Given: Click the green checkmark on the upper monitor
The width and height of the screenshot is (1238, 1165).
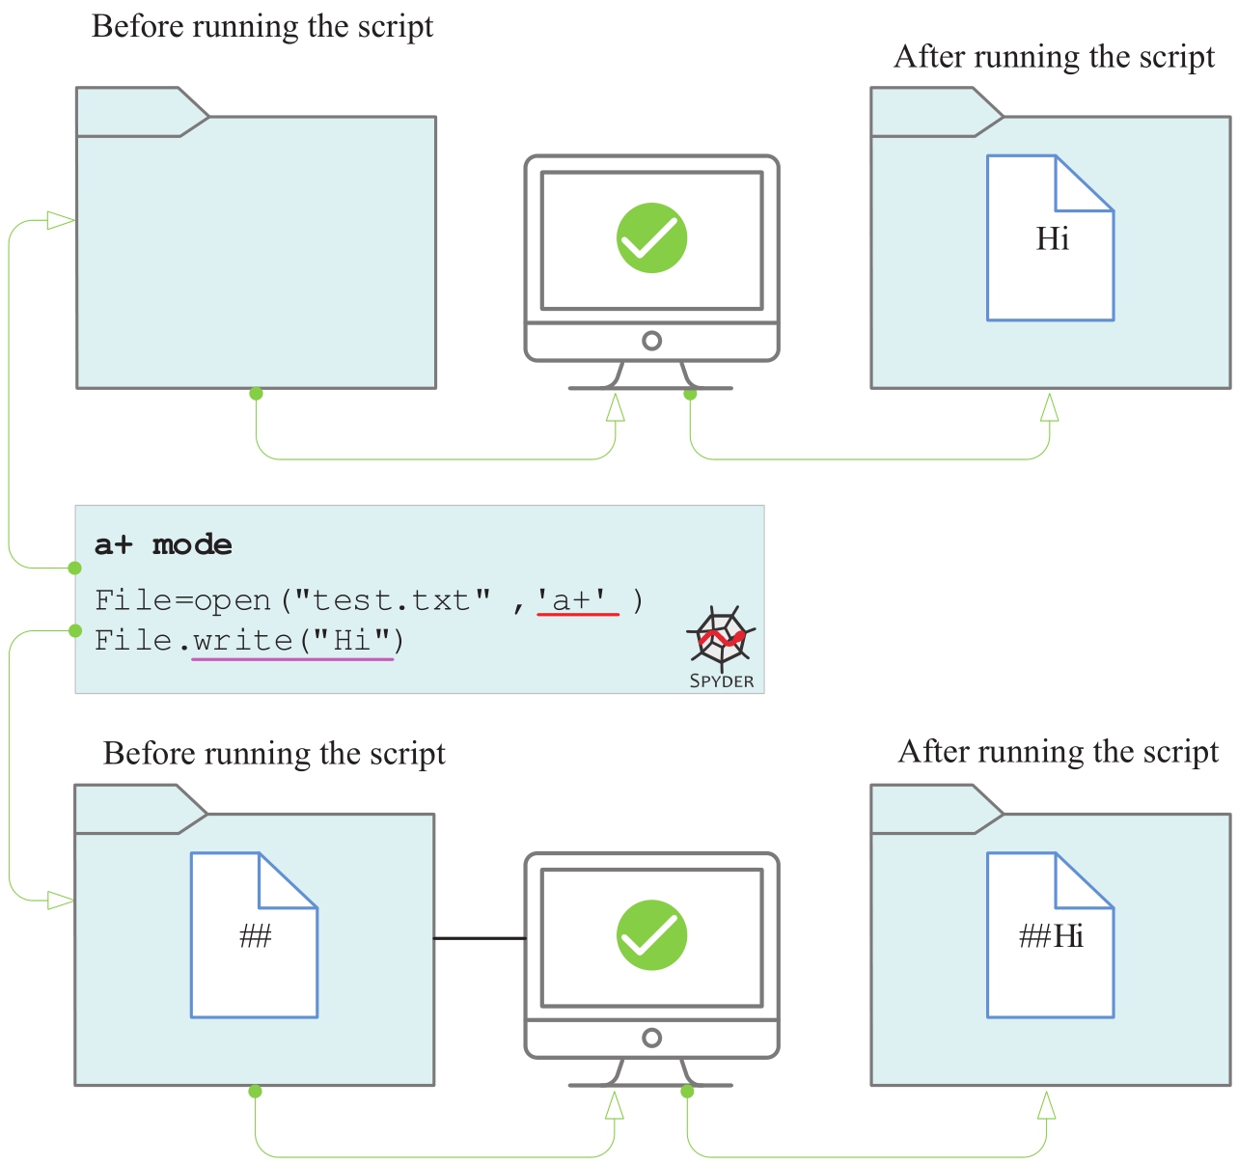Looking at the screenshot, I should point(651,237).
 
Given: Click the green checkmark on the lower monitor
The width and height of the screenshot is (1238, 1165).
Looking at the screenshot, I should point(651,934).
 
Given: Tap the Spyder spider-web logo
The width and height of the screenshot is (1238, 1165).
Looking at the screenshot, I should point(721,637).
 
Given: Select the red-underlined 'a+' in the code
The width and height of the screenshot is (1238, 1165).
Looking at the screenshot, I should point(576,600).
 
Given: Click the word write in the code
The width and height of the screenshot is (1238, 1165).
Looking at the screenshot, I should point(242,640).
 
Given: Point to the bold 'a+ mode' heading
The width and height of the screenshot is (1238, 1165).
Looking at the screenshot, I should point(163,545).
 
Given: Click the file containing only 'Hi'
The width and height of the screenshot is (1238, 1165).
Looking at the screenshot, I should point(1050,238).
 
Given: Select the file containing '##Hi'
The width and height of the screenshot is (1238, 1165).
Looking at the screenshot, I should point(1050,935).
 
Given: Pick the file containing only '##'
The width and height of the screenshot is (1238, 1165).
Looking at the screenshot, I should point(254,935).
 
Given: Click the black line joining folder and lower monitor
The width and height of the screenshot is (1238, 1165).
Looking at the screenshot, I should point(480,938).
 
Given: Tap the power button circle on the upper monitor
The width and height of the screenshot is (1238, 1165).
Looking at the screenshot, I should point(651,341).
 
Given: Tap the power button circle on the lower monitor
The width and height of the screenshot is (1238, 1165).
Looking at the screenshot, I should point(651,1038).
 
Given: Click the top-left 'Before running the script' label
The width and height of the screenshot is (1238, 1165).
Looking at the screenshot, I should point(262,26).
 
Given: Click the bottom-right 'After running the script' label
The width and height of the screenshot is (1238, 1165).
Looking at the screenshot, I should point(1059,751).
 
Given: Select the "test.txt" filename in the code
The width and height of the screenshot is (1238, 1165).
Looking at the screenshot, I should point(393,600).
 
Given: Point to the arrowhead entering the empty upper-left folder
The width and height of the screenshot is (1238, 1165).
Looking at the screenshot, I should point(61,221).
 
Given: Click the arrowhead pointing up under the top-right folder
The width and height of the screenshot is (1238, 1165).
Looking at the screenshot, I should point(1050,408).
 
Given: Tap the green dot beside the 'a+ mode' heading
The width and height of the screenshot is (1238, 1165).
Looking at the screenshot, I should point(75,568).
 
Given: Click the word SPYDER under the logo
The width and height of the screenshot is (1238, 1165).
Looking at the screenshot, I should point(722,681).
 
